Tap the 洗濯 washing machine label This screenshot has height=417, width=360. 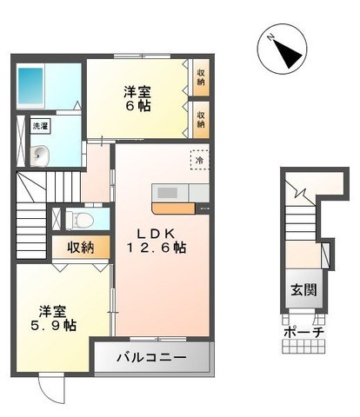pos(42,126)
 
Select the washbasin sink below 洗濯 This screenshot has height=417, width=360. pos(37,156)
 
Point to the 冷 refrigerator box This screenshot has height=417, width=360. pos(198,160)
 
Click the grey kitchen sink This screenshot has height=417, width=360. pos(166,192)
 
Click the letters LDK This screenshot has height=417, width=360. pos(156,231)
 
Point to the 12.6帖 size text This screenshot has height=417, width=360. pos(157,248)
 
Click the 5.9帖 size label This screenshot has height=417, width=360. pos(57,326)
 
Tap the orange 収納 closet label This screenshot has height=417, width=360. pos(81,247)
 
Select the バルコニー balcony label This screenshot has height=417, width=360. pos(152,357)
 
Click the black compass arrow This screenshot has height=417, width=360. pos(285,51)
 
